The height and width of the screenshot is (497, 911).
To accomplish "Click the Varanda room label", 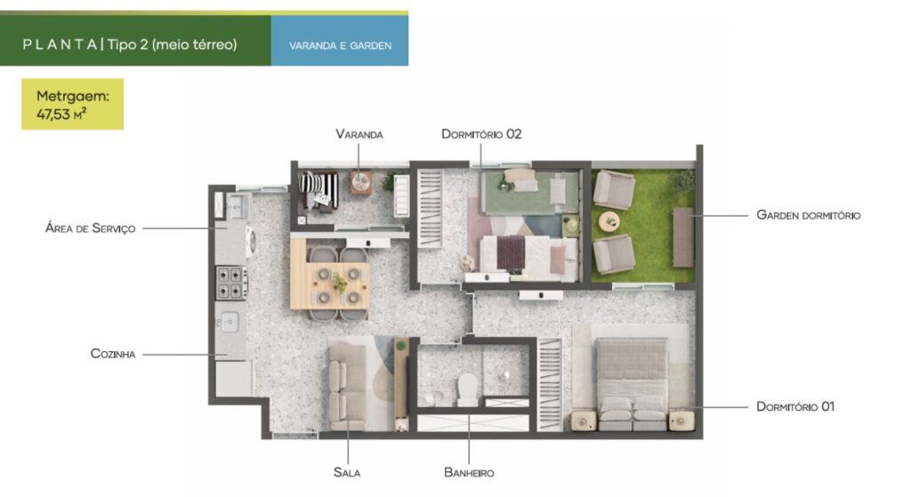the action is [359, 134].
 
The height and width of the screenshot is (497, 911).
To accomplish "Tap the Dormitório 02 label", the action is [481, 134].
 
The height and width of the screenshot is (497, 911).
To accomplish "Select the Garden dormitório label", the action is [808, 215].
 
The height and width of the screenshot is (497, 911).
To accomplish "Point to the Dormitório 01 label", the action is [795, 406].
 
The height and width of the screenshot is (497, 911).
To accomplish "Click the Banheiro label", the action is [469, 473].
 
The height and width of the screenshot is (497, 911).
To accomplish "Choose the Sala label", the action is [347, 473].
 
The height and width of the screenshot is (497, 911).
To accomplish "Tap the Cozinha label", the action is [113, 354].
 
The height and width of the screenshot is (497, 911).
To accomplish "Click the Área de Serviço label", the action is [90, 228].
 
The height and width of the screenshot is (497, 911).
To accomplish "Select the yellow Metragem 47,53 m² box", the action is [73, 104].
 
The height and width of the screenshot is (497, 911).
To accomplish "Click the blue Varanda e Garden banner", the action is [340, 41].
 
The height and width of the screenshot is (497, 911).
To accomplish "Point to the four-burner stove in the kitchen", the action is [232, 283].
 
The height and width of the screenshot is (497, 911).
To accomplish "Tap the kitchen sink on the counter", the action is [229, 322].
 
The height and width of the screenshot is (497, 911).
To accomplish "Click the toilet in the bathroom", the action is [467, 389].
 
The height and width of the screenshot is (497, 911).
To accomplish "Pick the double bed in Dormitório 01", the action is [633, 383].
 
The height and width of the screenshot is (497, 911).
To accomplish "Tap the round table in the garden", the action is [609, 221].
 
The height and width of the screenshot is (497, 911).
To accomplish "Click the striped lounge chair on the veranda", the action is [318, 189].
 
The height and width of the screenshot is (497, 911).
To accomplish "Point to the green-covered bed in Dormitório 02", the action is [530, 192].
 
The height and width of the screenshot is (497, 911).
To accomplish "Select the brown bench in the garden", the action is [683, 236].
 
